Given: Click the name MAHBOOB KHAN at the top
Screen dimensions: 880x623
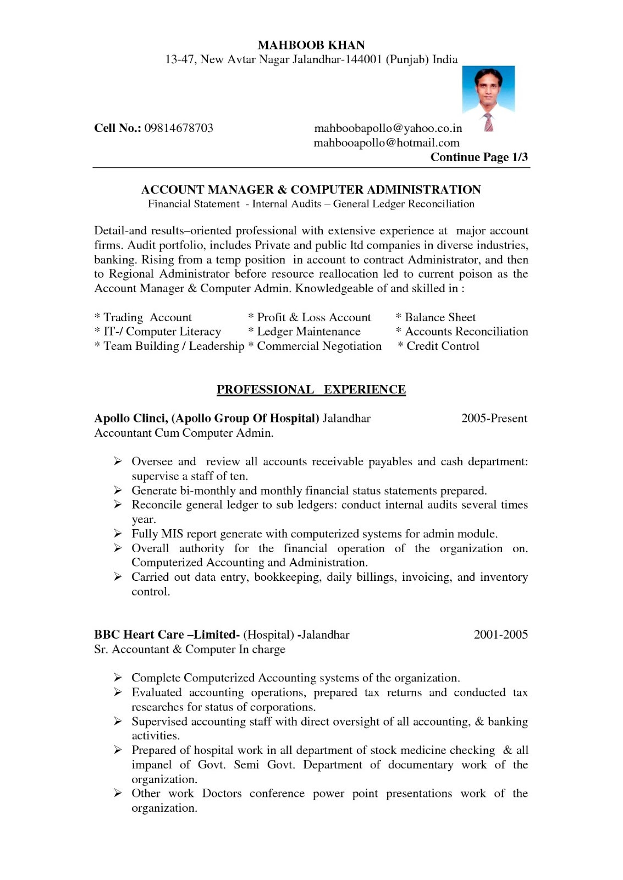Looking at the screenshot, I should pyautogui.click(x=311, y=45).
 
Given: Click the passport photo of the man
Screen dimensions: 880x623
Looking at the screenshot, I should pyautogui.click(x=488, y=98).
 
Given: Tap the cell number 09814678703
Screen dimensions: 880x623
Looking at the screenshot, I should pyautogui.click(x=179, y=128).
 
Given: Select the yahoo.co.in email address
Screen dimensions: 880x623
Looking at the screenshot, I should pyautogui.click(x=388, y=128).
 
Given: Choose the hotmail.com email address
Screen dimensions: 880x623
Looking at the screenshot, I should pyautogui.click(x=386, y=143).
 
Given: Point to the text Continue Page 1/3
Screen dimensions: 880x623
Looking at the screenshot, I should pyautogui.click(x=478, y=157).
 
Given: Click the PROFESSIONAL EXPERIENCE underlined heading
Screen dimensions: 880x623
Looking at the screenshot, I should pyautogui.click(x=311, y=389).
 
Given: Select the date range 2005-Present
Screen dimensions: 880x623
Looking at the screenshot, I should pyautogui.click(x=494, y=419).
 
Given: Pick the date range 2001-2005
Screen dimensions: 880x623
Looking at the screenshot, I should pyautogui.click(x=500, y=635).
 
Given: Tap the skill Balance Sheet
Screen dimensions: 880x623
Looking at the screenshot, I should pyautogui.click(x=440, y=317).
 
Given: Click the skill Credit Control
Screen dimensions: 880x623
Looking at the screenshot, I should pyautogui.click(x=443, y=346).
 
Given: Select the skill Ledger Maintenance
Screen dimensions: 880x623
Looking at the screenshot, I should pyautogui.click(x=308, y=332).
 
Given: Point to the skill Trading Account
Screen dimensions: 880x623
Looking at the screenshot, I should pyautogui.click(x=147, y=317).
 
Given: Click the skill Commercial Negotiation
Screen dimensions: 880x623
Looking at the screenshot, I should pyautogui.click(x=319, y=346).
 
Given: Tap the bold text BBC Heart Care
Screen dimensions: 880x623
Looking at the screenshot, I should pyautogui.click(x=139, y=635).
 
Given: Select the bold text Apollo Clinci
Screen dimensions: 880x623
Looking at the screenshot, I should pyautogui.click(x=130, y=419).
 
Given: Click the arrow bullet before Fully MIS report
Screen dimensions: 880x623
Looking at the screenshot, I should pyautogui.click(x=118, y=533).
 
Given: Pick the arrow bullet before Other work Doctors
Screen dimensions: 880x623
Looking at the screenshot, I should pyautogui.click(x=118, y=793).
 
